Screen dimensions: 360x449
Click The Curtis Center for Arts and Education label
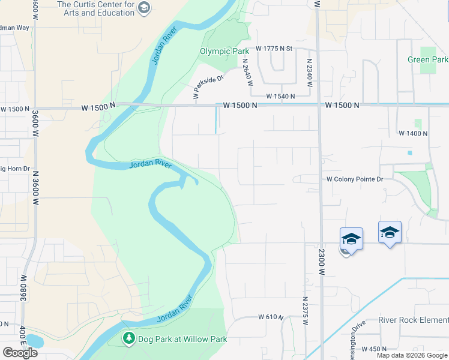coord(95,8)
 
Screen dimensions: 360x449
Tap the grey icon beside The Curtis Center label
coord(144,7)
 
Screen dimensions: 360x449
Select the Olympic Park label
coord(224,52)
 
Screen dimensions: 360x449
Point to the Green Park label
coord(427,59)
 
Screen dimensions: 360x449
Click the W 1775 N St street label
coord(274,48)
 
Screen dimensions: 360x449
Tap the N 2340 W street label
coord(310,73)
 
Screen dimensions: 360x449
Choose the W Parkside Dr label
coord(208,86)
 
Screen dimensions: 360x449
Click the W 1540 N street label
coord(281,96)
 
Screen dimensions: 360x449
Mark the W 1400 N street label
coord(412,133)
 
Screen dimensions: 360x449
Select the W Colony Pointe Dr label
coord(355,179)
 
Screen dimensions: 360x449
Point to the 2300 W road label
coord(322,262)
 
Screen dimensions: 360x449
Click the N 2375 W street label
coord(305,311)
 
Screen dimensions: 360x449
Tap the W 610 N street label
coord(271,317)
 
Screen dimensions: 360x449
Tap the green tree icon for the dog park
coord(128,339)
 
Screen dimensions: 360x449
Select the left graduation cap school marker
coord(351,239)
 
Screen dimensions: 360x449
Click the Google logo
coord(20,353)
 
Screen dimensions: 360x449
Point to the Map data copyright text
coord(412,355)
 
